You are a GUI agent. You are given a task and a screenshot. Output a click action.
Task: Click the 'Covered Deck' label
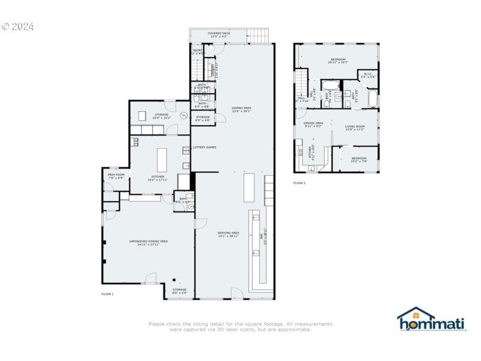(218, 35)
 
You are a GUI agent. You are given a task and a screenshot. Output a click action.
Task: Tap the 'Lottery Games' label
(204, 147)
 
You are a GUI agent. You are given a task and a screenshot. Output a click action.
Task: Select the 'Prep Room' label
(116, 176)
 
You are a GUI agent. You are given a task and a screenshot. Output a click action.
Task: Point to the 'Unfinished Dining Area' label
(148, 242)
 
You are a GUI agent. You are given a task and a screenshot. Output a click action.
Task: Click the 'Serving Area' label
(228, 234)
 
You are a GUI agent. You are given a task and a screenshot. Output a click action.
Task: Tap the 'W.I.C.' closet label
(368, 76)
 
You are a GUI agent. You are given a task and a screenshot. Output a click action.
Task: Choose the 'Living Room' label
(355, 128)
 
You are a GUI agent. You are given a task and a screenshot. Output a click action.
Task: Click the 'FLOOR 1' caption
(107, 294)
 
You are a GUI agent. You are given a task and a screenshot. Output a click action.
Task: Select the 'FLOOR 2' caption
(299, 183)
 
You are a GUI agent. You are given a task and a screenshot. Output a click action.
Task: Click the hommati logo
(432, 319)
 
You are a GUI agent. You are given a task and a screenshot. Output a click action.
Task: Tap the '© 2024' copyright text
(17, 26)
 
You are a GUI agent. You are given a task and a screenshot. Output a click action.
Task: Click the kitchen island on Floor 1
(161, 159)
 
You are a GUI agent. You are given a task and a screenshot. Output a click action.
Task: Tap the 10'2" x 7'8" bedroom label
(359, 159)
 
